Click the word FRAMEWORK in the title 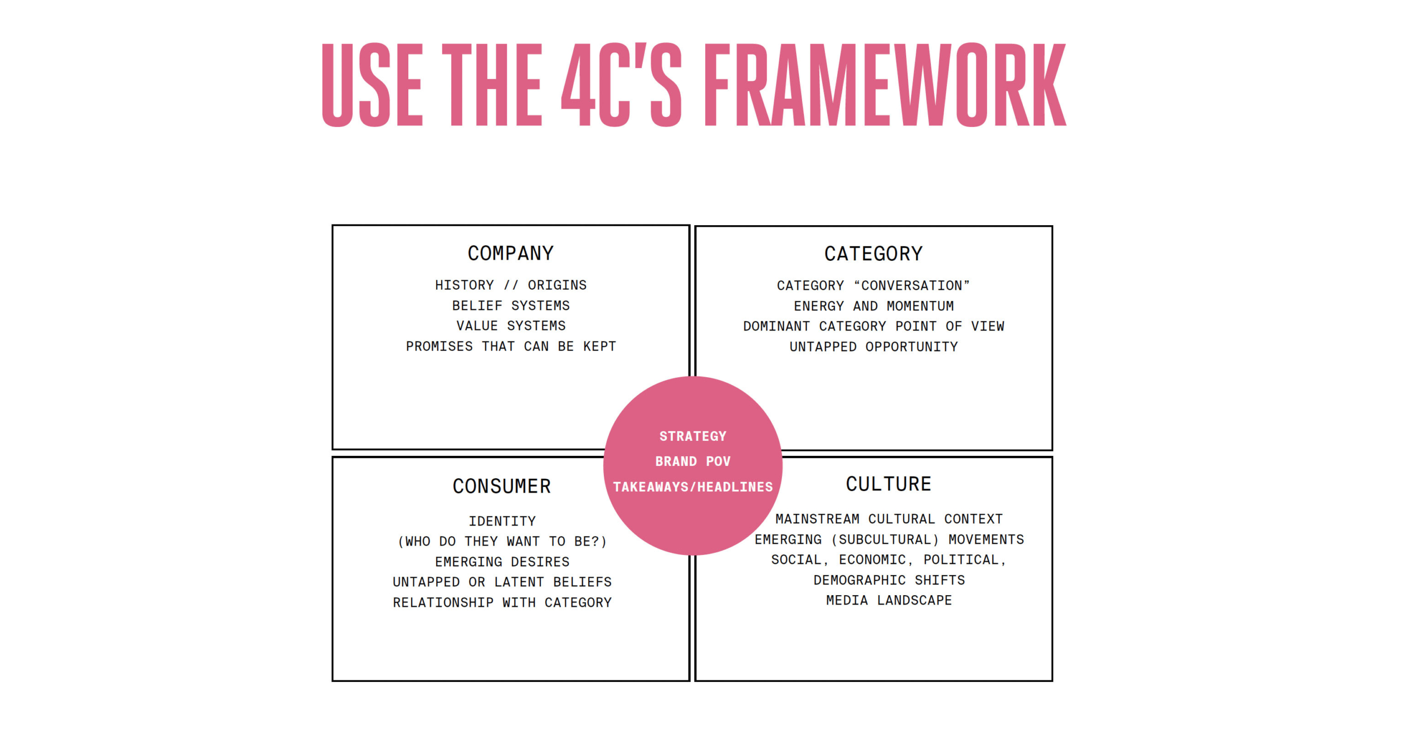pyautogui.click(x=885, y=85)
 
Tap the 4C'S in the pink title pyautogui.click(x=621, y=85)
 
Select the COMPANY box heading pyautogui.click(x=510, y=254)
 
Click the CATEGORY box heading pyautogui.click(x=873, y=254)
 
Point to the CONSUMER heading pyautogui.click(x=501, y=486)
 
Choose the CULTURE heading pyautogui.click(x=888, y=484)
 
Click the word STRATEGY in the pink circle pyautogui.click(x=692, y=436)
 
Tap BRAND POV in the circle pyautogui.click(x=692, y=461)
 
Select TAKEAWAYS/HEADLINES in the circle pyautogui.click(x=692, y=487)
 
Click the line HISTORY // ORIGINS pyautogui.click(x=510, y=285)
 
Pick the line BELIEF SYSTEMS pyautogui.click(x=510, y=306)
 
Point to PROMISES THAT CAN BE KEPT pyautogui.click(x=510, y=347)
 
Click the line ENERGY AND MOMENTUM pyautogui.click(x=873, y=306)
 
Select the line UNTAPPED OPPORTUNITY pyautogui.click(x=873, y=347)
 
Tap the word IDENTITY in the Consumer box pyautogui.click(x=501, y=522)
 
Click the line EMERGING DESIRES pyautogui.click(x=501, y=562)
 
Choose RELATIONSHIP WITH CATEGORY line pyautogui.click(x=501, y=603)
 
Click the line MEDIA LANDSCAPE pyautogui.click(x=888, y=601)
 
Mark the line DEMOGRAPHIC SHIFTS pyautogui.click(x=888, y=581)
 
